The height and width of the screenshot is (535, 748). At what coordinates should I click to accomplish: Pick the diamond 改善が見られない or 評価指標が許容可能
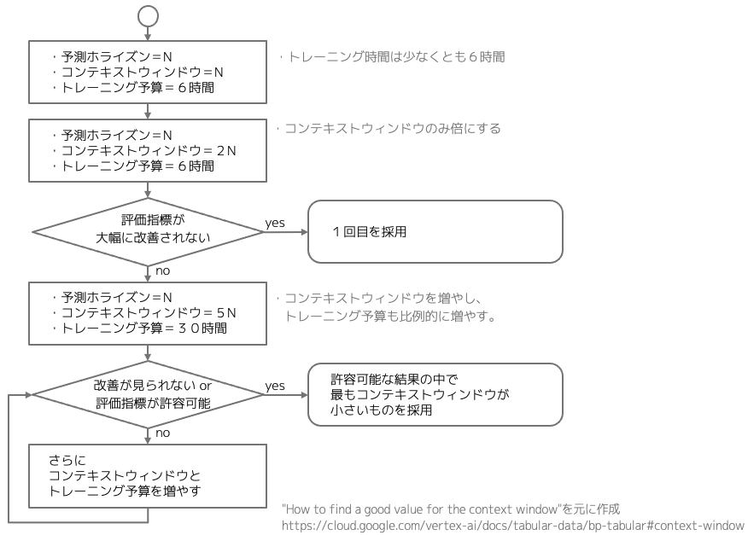149,394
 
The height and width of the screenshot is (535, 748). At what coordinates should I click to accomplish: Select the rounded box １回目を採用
435,231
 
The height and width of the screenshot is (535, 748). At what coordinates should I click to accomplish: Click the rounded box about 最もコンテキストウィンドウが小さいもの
435,394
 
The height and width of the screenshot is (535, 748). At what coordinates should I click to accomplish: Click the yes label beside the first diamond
275,223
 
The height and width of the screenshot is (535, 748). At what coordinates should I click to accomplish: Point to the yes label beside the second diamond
275,386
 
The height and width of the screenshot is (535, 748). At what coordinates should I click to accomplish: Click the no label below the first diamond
161,270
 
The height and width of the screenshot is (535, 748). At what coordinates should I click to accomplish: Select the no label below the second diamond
161,433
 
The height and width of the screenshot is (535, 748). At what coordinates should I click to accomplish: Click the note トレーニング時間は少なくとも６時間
392,58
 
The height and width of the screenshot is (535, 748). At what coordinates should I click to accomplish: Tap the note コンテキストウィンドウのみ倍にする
389,129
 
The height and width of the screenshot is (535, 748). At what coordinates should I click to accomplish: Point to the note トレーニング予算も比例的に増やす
391,316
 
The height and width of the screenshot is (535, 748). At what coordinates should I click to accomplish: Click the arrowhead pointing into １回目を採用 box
303,231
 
